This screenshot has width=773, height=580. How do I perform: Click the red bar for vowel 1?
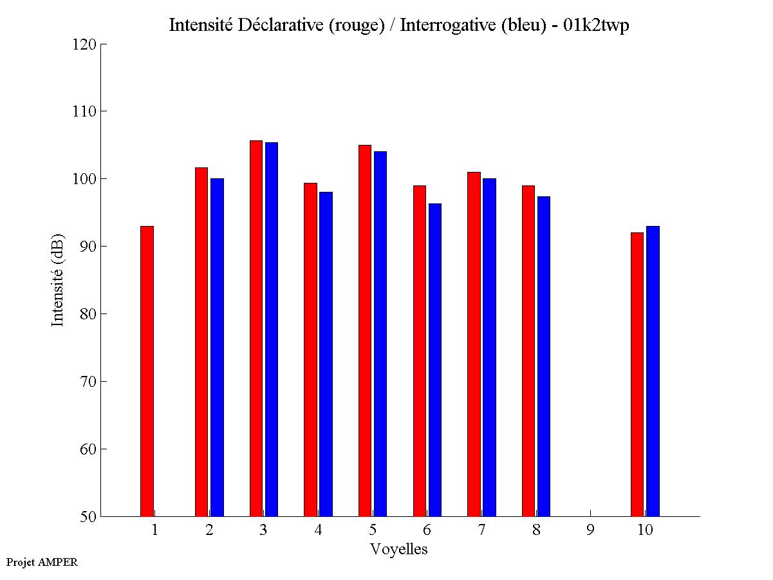coord(147,371)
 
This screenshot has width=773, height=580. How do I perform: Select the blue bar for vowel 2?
coord(217,347)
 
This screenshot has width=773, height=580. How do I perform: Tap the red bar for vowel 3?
coord(256,328)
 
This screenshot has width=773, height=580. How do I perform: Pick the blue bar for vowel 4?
coord(326,354)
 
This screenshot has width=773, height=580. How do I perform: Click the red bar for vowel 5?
coord(365,330)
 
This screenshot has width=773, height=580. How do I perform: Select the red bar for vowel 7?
coord(474,344)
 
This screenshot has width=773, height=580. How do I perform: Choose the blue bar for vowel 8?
coord(544,356)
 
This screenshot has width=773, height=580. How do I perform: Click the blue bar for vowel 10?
coord(653,371)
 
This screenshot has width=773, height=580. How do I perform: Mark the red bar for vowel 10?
coord(637,374)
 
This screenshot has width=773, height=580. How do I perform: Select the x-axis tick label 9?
coord(590,530)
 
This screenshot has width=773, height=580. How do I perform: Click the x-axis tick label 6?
coord(427,530)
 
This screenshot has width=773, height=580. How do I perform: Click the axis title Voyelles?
coord(399,549)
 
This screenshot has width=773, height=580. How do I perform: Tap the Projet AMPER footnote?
coord(42,562)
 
